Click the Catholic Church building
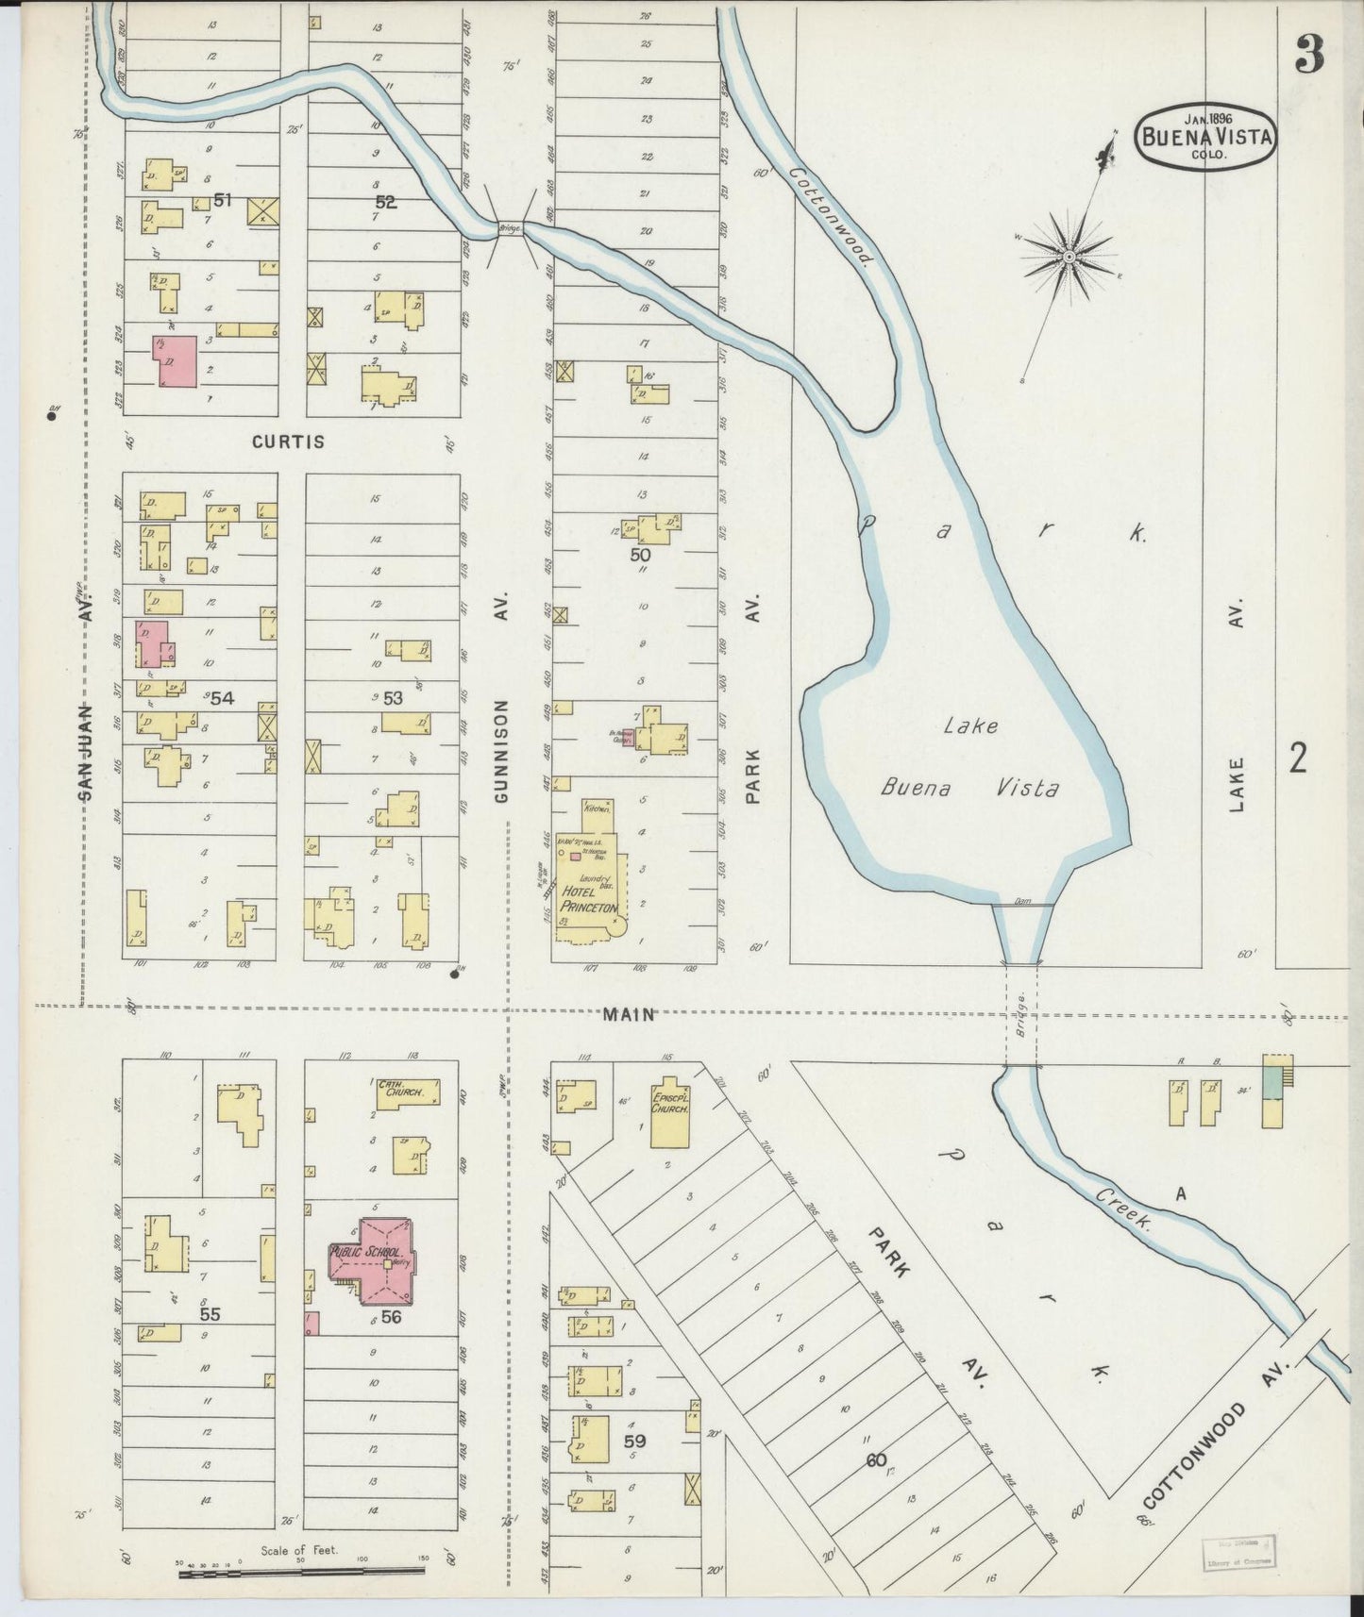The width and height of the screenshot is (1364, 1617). [x=407, y=1092]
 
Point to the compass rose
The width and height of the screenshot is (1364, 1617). [x=1069, y=256]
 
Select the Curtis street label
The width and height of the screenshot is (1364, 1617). [x=289, y=442]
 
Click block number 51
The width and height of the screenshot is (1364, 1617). [x=223, y=200]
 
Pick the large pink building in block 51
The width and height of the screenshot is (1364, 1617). [x=175, y=361]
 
